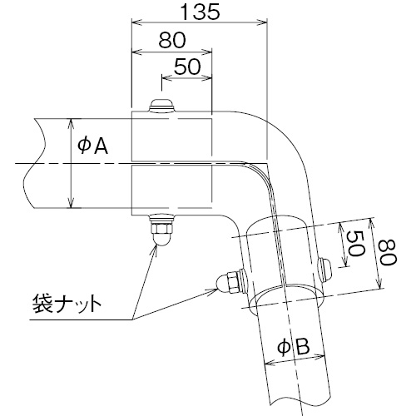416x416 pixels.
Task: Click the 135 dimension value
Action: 200,12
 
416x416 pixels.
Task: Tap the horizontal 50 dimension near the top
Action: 187,67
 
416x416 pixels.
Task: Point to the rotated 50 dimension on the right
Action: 355,244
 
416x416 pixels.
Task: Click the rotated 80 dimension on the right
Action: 389,253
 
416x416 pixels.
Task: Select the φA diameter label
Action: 93,146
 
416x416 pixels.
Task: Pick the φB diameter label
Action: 294,347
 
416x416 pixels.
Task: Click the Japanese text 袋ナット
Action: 67,304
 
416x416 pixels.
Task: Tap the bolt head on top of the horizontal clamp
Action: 162,106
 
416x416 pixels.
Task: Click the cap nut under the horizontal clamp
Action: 162,230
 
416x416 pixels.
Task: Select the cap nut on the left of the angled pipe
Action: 231,281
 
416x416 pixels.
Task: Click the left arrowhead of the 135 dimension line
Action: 136,22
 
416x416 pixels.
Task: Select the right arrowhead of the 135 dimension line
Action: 262,22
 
